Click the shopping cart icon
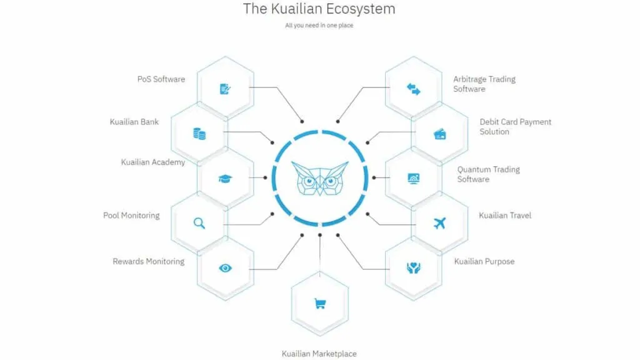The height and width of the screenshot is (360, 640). tap(320, 304)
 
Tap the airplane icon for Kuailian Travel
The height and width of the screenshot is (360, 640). tap(439, 223)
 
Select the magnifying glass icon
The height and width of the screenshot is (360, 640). tap(199, 223)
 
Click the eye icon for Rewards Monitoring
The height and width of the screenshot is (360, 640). tap(225, 268)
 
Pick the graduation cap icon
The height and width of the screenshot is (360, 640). tap(225, 179)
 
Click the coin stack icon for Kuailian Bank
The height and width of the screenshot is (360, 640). tap(199, 134)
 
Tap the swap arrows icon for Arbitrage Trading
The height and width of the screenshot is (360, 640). tap(414, 89)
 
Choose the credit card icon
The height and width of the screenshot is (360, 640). tap(439, 134)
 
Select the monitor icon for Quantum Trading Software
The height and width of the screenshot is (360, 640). tap(414, 179)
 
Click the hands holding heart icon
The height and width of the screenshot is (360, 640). tap(414, 268)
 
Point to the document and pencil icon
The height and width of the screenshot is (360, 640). tap(225, 89)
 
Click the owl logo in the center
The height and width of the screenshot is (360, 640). tap(320, 178)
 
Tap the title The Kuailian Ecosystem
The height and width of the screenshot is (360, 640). tap(319, 9)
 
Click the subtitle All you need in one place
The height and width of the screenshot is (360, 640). tap(319, 25)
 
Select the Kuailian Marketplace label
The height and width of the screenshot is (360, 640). tap(319, 354)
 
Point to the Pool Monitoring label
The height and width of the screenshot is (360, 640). tap(131, 216)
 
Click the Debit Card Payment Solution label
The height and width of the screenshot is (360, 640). tap(515, 126)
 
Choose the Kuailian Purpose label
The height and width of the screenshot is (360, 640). tap(484, 262)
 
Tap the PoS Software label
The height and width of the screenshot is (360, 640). tap(161, 79)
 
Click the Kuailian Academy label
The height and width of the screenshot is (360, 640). tap(153, 162)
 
